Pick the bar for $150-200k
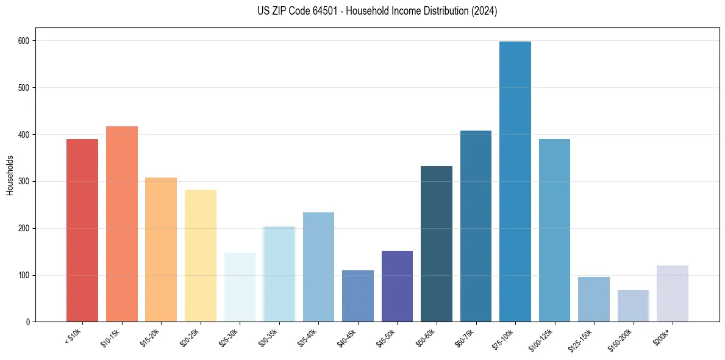click(x=633, y=306)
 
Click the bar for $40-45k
click(x=358, y=296)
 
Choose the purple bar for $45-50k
click(x=397, y=286)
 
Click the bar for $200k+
click(x=673, y=293)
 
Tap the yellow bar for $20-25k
click(x=201, y=256)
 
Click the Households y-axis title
click(x=10, y=175)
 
